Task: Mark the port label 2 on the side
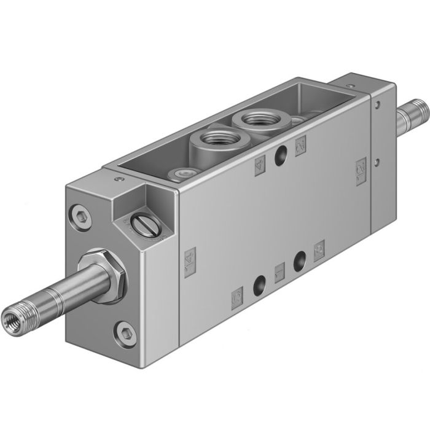(301, 129)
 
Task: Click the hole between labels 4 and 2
(281, 147)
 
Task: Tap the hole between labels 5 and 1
(259, 284)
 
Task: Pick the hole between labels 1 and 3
(300, 259)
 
